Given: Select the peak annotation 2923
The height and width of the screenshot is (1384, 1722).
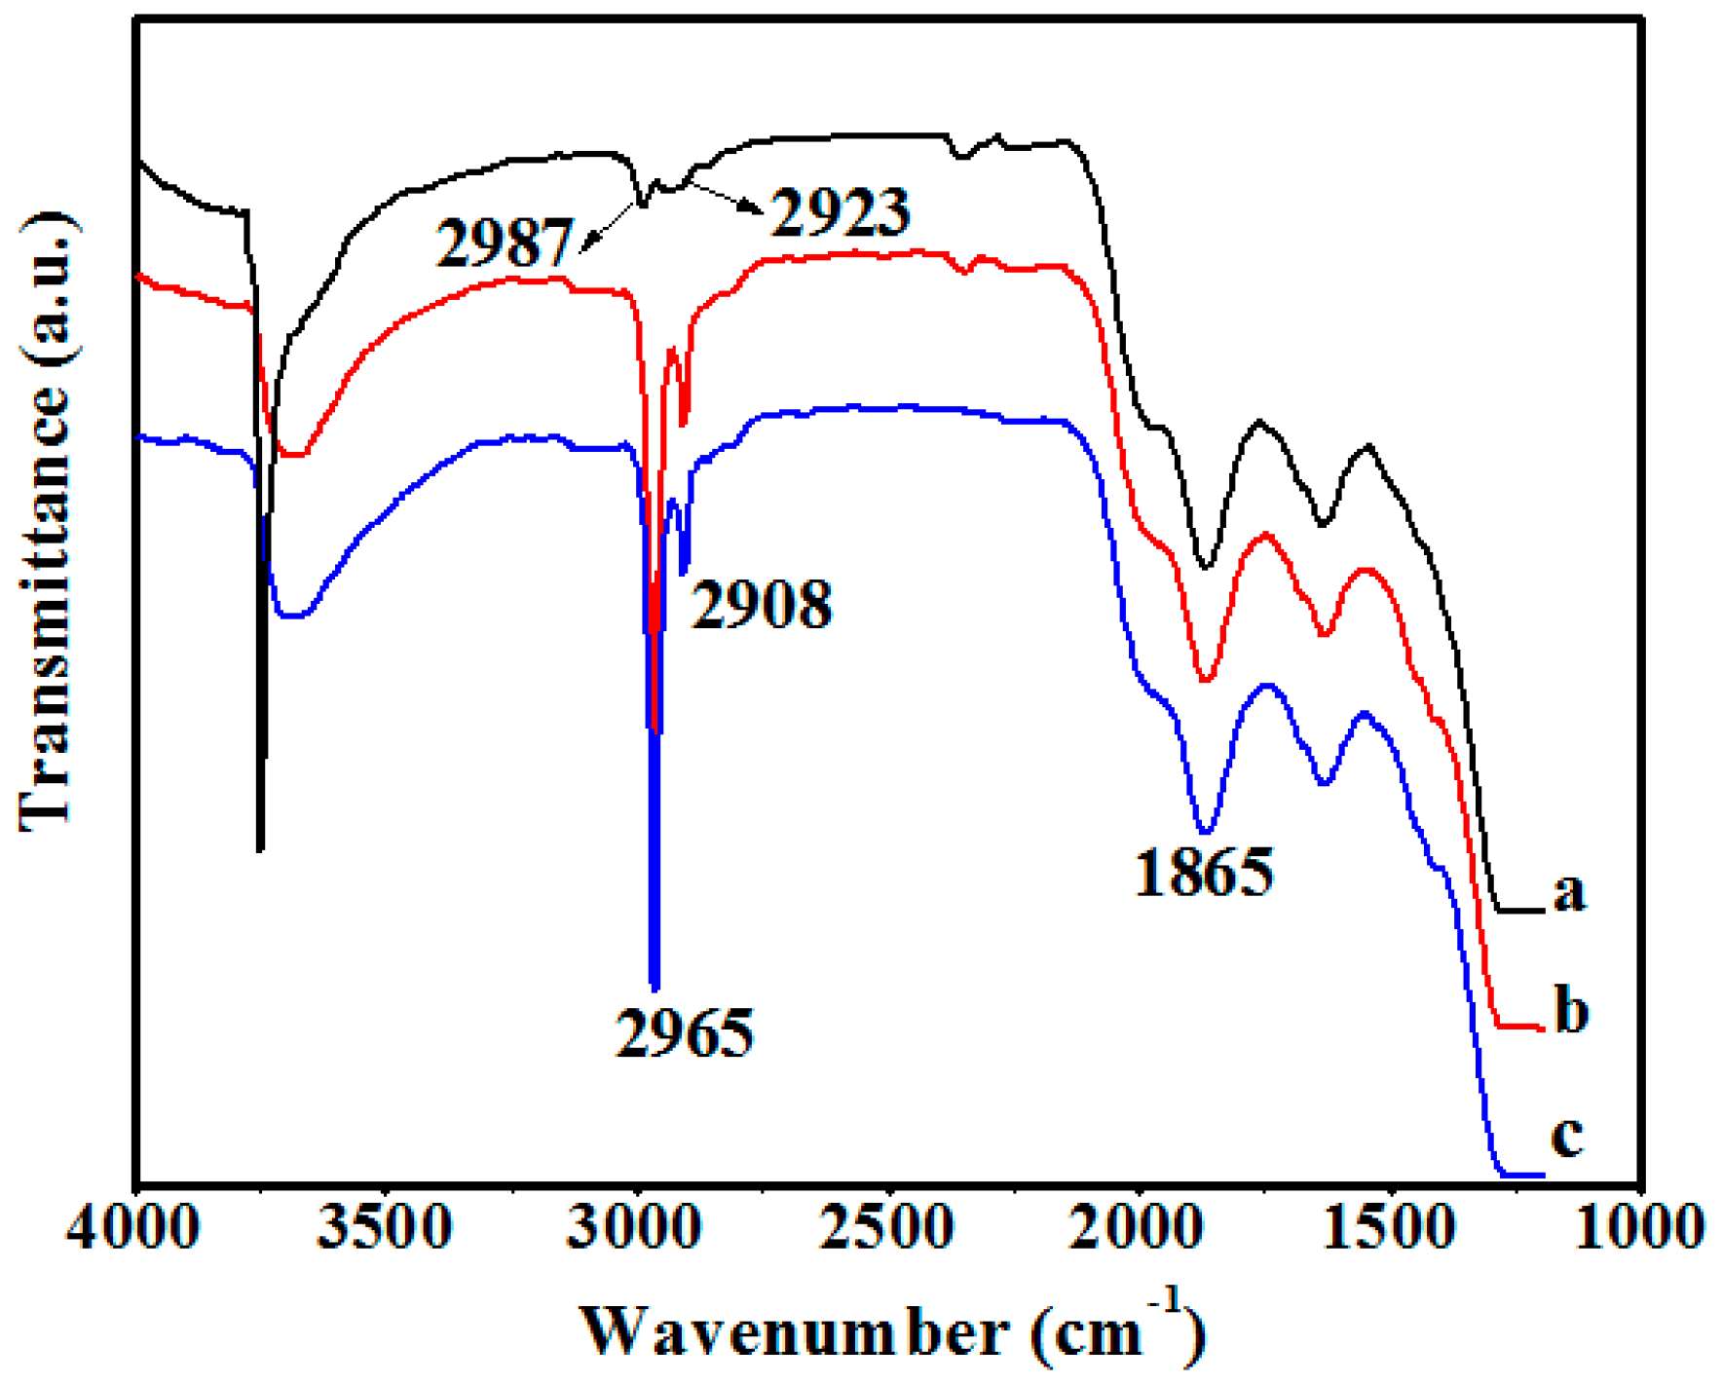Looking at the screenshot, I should click(x=841, y=211).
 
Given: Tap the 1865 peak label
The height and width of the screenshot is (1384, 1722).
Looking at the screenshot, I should click(x=1204, y=871).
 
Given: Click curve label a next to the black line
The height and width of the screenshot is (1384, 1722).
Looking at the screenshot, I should click(x=1569, y=890).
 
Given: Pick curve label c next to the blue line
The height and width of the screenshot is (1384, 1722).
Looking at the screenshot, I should click(x=1567, y=1135).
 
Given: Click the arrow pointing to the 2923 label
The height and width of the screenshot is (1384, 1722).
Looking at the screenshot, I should click(x=726, y=196).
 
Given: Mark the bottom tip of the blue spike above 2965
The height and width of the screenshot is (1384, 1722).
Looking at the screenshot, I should click(x=655, y=988).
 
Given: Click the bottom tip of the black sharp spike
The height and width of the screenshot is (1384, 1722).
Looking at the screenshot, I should click(x=260, y=849).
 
